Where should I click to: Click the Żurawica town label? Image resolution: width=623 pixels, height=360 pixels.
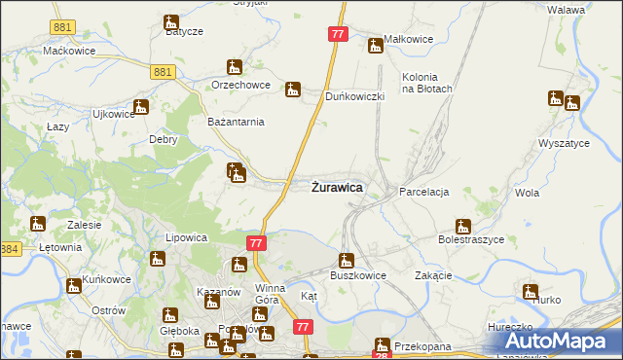click(x=338, y=187)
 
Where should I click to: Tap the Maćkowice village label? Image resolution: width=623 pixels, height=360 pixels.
click(x=66, y=50)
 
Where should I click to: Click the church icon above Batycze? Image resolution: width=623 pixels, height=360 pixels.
click(x=171, y=21)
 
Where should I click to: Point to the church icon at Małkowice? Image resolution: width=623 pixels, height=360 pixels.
click(x=375, y=45)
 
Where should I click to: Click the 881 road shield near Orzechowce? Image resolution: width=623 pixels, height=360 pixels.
click(x=164, y=71)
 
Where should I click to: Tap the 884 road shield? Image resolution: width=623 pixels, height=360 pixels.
click(x=10, y=250)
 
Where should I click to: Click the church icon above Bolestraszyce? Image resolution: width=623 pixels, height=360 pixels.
click(x=463, y=227)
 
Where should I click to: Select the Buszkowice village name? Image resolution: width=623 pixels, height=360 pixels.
click(x=358, y=275)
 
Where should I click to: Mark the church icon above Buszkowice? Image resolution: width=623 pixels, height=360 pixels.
click(x=345, y=261)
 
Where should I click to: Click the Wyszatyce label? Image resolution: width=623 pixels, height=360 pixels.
click(x=564, y=143)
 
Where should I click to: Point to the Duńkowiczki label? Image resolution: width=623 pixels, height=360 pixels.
click(x=355, y=97)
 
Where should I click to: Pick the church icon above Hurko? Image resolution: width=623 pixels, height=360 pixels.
click(x=530, y=291)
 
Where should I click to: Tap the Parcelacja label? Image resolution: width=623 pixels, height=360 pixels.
click(x=423, y=193)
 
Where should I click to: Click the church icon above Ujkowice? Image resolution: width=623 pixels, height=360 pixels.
click(x=141, y=107)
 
